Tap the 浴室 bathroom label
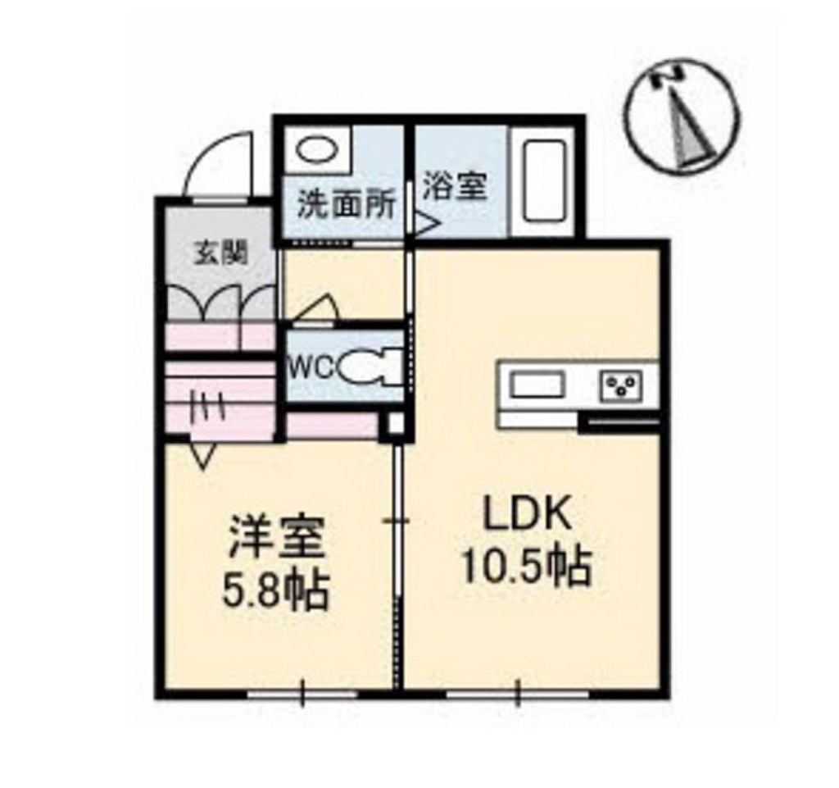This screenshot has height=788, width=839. coord(455,186)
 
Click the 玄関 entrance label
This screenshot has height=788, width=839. coord(220,253)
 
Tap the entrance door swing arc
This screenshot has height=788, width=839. coord(214,162)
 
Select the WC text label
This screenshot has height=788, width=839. coord(311,367)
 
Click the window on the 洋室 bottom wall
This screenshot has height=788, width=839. coord(302,695)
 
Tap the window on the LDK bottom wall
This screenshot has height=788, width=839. coord(518,695)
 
